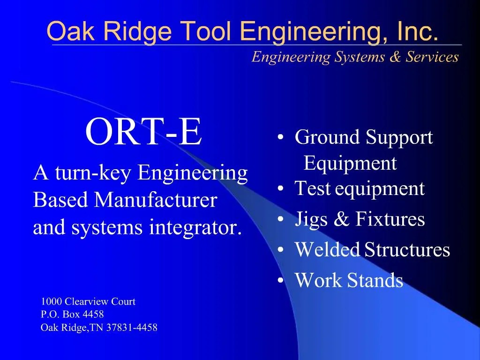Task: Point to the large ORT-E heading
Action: click(144, 133)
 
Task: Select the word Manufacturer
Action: click(156, 201)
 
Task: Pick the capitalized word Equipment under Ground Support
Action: click(350, 164)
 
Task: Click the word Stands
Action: click(375, 280)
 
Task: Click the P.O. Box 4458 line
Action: click(72, 315)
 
